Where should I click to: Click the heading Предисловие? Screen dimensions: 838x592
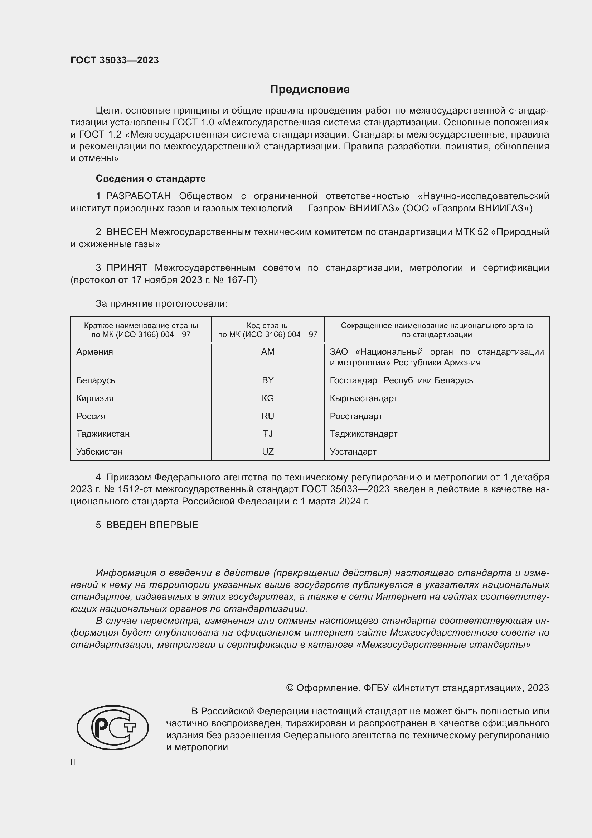[310, 90]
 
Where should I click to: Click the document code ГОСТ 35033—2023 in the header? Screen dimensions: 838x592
[115, 60]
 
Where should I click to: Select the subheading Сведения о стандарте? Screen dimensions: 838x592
[151, 178]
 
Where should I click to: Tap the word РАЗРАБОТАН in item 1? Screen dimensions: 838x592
[138, 196]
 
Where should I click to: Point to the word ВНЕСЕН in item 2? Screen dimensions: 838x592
[126, 232]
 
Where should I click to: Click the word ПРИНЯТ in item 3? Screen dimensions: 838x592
[126, 268]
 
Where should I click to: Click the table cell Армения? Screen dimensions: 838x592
[95, 352]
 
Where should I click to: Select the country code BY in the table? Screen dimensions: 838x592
[268, 380]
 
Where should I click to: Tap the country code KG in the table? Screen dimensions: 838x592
[268, 398]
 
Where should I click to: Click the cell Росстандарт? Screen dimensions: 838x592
[356, 416]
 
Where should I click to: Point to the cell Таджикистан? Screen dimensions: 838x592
[103, 434]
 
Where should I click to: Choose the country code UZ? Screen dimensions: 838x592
[268, 452]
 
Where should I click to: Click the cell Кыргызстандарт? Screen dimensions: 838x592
[363, 398]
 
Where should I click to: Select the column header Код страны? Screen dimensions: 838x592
[268, 326]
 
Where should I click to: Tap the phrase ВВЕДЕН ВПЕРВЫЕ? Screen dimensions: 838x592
[152, 525]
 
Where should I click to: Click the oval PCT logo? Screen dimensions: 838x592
[113, 727]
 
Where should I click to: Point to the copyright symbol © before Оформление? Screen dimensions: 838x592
[290, 688]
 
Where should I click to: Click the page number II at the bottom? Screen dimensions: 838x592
[73, 762]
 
